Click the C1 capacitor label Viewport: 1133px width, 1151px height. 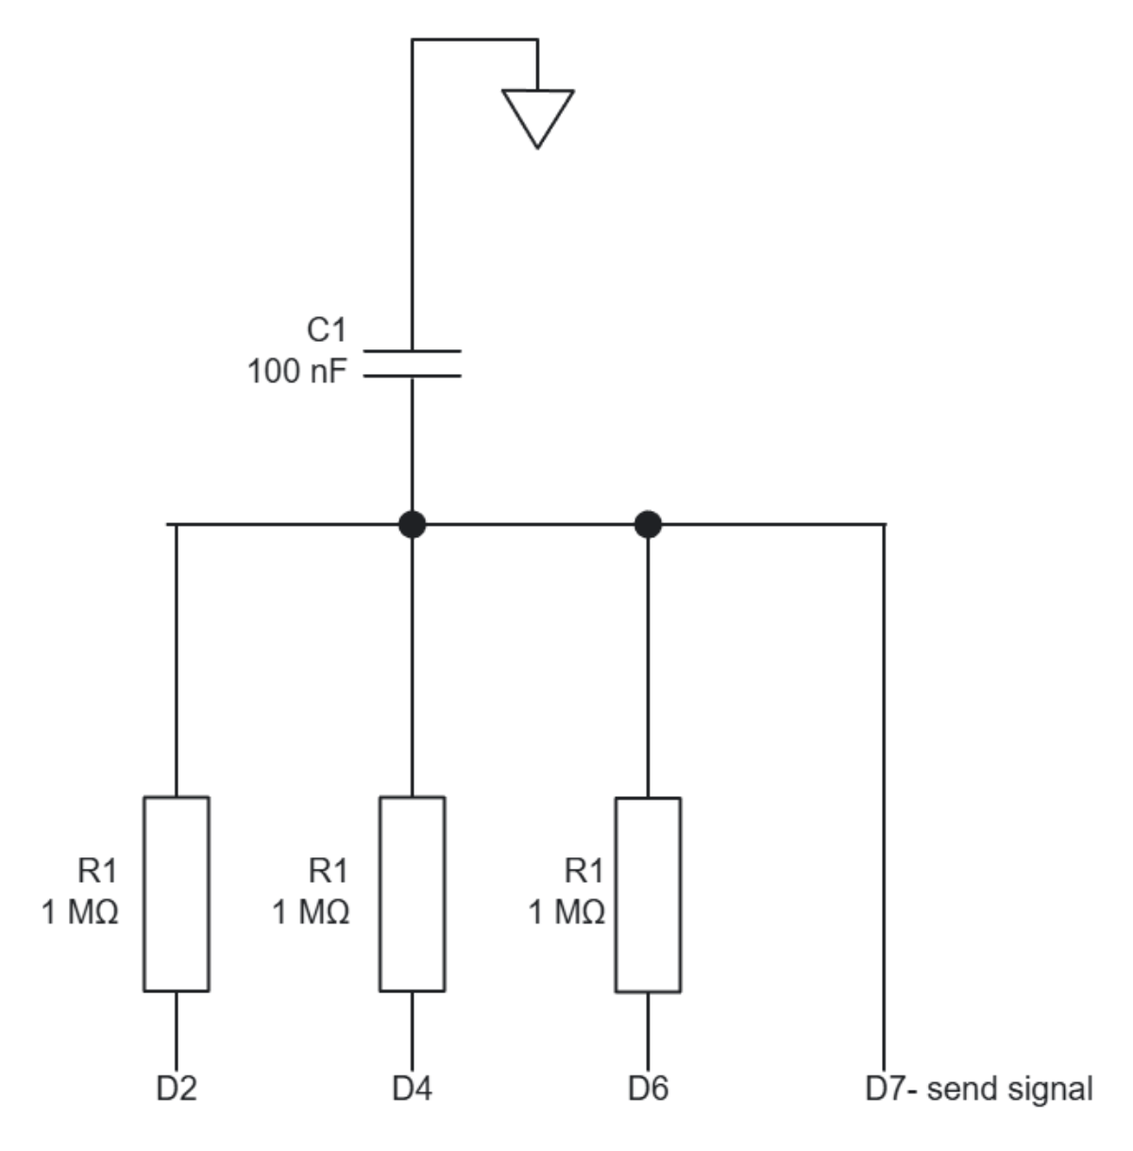pyautogui.click(x=327, y=330)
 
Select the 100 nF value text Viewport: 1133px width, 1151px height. pyautogui.click(x=296, y=372)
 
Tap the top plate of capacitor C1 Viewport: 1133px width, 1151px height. pyautogui.click(x=413, y=351)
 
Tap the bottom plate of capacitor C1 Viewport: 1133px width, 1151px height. pyautogui.click(x=413, y=376)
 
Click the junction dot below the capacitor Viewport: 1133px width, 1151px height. pyautogui.click(x=412, y=523)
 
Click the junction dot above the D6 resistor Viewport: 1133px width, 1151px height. pyautogui.click(x=648, y=523)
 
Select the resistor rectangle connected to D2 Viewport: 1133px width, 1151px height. pyautogui.click(x=177, y=893)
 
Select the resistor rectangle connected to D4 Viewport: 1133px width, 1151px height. pyautogui.click(x=413, y=893)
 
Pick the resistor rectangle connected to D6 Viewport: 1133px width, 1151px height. pyautogui.click(x=648, y=894)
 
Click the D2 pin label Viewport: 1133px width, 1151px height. pyautogui.click(x=177, y=1089)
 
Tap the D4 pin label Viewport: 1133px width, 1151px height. pyautogui.click(x=413, y=1089)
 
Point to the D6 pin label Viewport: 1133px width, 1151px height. pyautogui.click(x=648, y=1089)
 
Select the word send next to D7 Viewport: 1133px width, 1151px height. pyautogui.click(x=961, y=1089)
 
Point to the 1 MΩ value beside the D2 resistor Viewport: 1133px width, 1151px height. pyautogui.click(x=80, y=912)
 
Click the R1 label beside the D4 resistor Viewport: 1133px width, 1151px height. pyautogui.click(x=329, y=869)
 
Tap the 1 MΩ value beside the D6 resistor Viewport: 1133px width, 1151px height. pyautogui.click(x=566, y=912)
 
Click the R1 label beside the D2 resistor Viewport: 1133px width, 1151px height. pyautogui.click(x=97, y=869)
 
